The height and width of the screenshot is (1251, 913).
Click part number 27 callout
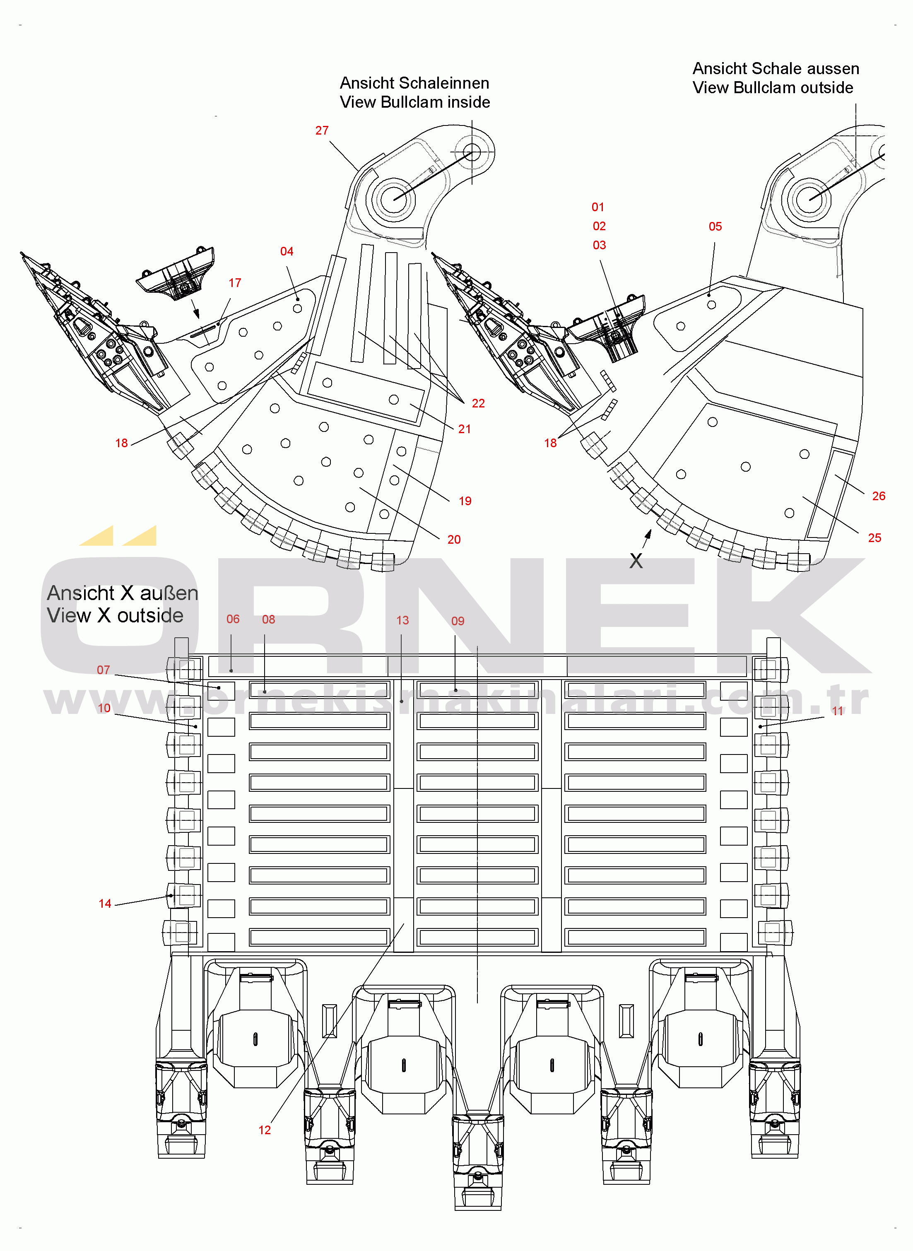click(x=322, y=130)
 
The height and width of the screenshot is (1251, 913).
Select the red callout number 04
click(x=286, y=251)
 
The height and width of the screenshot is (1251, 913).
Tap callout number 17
click(x=235, y=283)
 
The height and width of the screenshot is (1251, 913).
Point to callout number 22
click(x=478, y=403)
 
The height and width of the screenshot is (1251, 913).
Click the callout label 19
click(x=465, y=501)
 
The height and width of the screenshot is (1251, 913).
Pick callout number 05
click(x=715, y=227)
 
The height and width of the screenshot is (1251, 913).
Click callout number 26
click(x=879, y=496)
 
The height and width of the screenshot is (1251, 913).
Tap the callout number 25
click(x=874, y=538)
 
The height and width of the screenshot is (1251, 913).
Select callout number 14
click(x=105, y=904)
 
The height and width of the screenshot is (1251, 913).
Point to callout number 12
click(x=265, y=1130)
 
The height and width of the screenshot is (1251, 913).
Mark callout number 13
click(x=402, y=620)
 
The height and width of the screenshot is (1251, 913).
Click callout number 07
click(x=104, y=670)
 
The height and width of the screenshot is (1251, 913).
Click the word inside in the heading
click(x=469, y=102)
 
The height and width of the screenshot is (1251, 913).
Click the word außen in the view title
click(x=169, y=593)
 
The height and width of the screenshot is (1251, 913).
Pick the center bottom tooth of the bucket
click(x=477, y=1160)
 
